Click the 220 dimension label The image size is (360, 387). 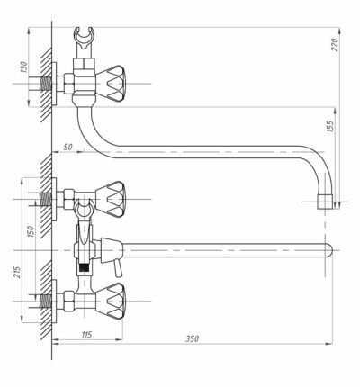click(336, 45)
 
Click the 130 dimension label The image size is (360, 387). click(23, 67)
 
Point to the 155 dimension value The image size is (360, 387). click(329, 127)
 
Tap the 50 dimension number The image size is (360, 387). click(68, 147)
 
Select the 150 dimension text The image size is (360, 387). click(31, 232)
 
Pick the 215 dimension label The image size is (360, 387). click(18, 272)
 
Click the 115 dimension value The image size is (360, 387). click(86, 334)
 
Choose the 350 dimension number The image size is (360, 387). click(192, 338)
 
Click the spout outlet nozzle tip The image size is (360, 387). click(325, 202)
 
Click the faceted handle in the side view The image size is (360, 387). click(112, 84)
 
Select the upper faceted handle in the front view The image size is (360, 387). click(111, 199)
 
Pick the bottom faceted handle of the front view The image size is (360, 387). click(111, 301)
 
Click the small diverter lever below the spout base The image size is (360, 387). click(118, 269)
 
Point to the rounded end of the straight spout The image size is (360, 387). click(329, 250)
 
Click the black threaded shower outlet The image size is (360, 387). click(84, 267)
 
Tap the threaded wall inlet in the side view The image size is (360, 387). click(45, 84)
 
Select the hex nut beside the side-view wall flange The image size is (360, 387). click(68, 83)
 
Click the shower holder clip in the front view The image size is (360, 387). click(84, 209)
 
